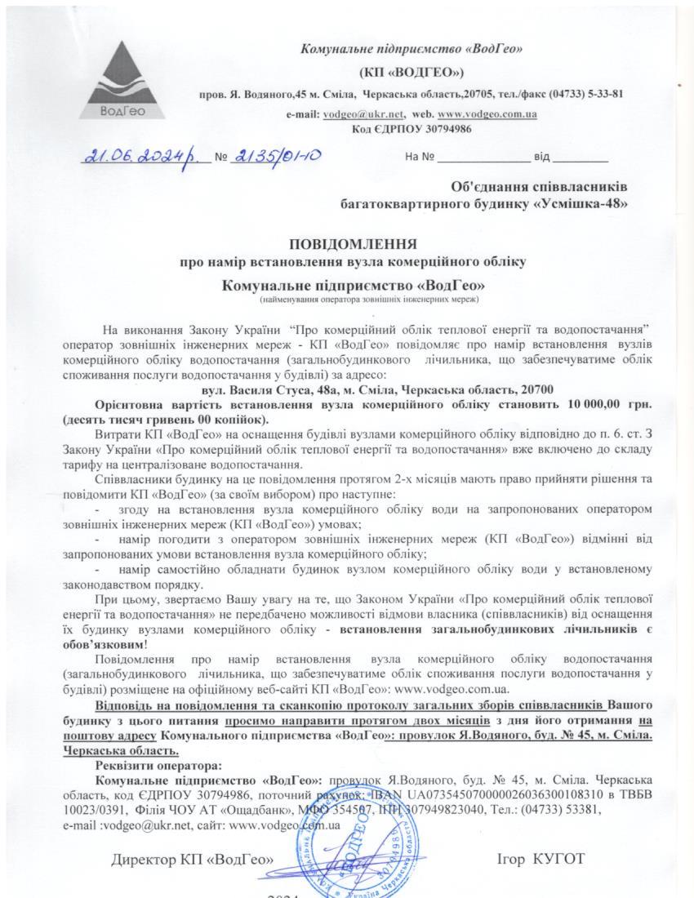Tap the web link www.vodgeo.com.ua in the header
click(487, 115)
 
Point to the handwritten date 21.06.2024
click(144, 156)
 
